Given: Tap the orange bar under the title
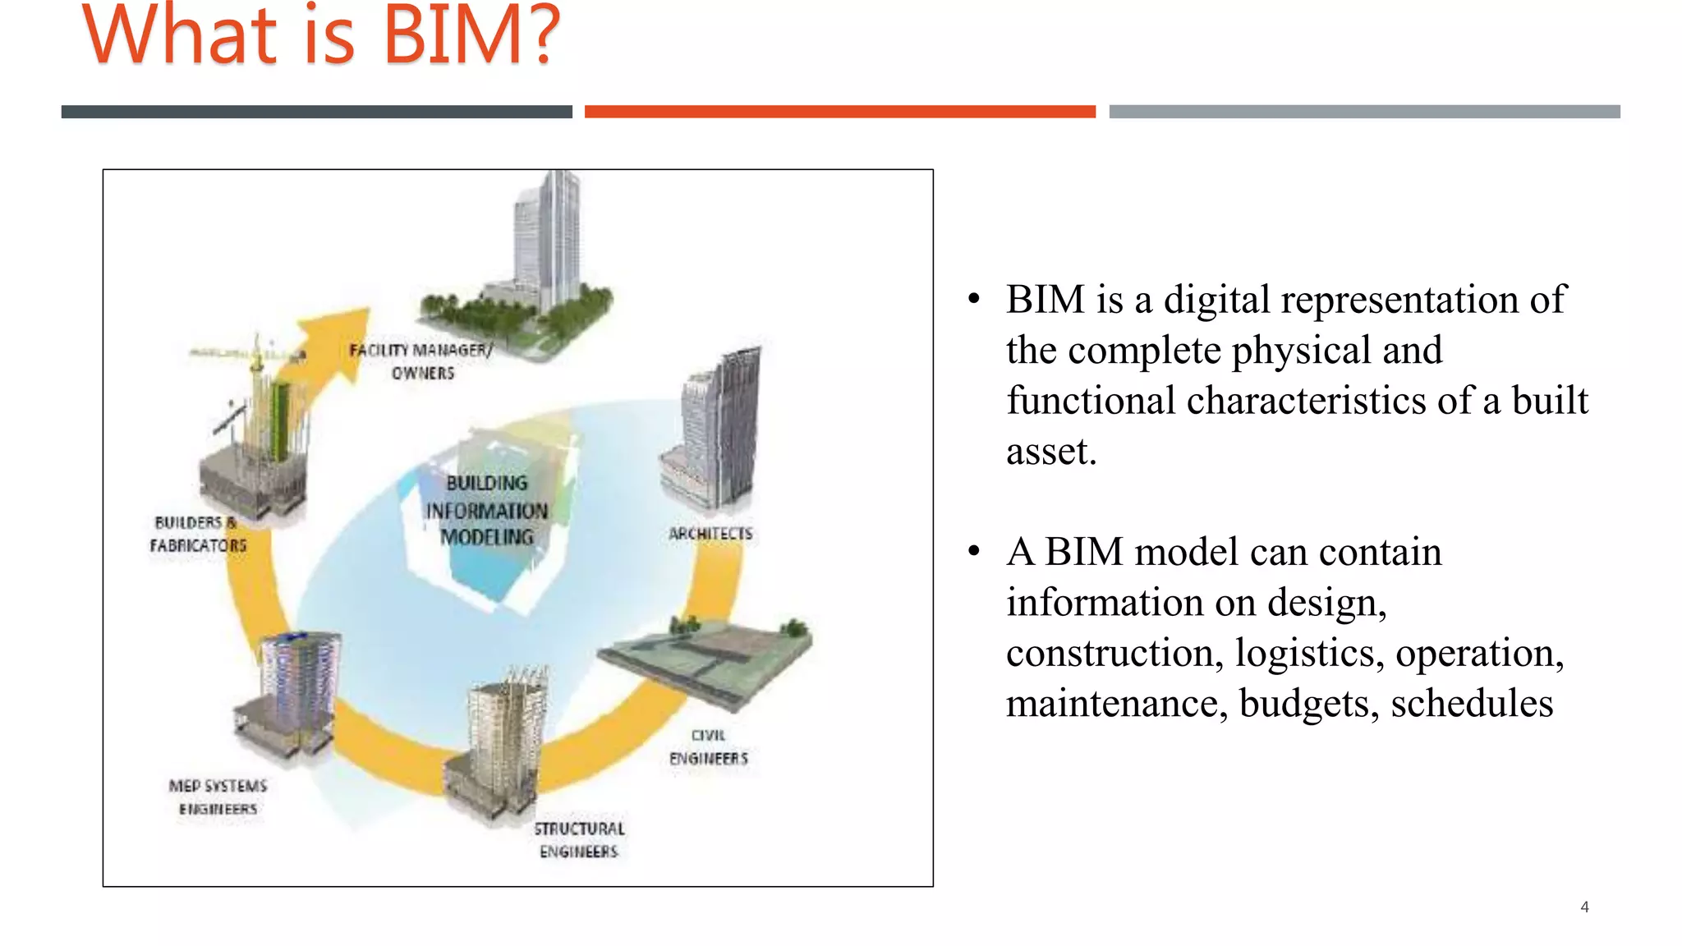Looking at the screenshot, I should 839,112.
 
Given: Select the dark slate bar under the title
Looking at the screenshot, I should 316,112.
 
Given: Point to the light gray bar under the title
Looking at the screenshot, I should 1364,112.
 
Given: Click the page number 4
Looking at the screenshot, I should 1584,907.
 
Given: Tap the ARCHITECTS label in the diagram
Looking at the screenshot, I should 710,534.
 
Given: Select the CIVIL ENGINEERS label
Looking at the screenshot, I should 708,746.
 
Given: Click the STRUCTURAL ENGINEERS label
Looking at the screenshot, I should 579,840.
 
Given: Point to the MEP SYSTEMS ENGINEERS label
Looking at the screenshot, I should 218,797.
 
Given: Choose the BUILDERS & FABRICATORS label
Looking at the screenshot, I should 198,534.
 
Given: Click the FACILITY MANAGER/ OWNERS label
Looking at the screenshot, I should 421,361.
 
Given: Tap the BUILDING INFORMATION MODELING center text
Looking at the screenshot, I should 486,510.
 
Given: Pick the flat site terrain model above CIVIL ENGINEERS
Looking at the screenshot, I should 706,657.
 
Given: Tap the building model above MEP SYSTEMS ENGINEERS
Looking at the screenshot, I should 292,694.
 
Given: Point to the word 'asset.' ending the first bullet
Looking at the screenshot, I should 1051,452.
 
